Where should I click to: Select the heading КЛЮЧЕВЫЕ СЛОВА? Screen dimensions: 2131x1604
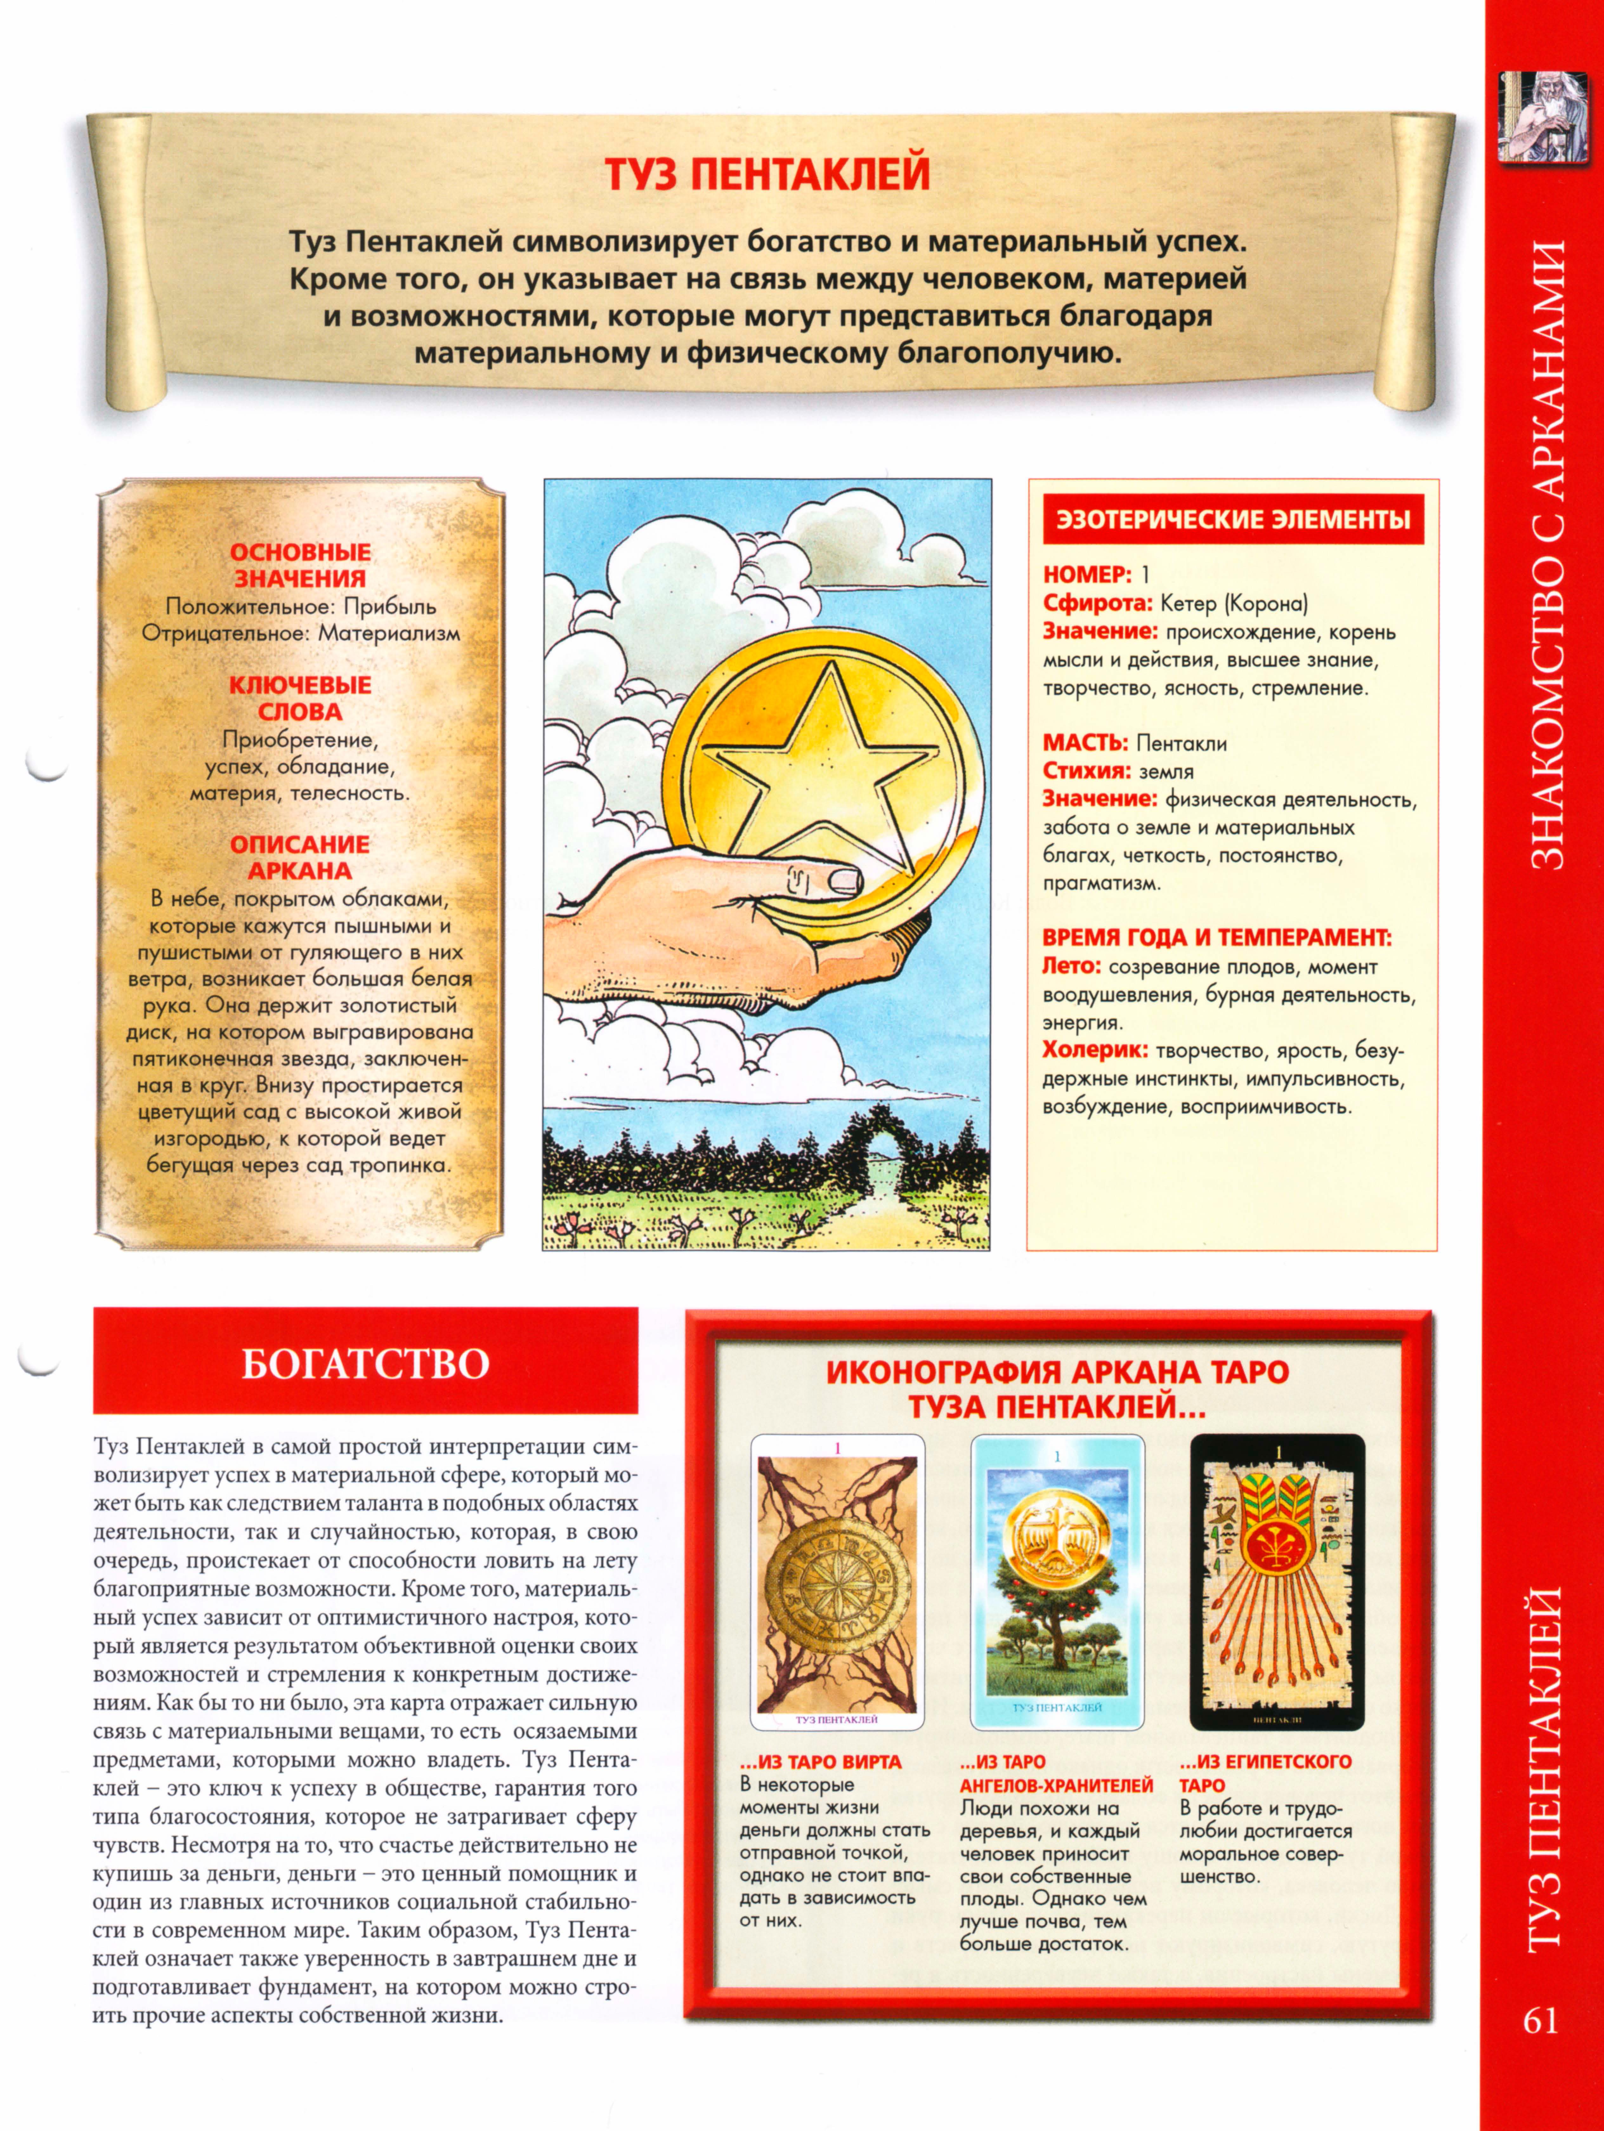pyautogui.click(x=300, y=699)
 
